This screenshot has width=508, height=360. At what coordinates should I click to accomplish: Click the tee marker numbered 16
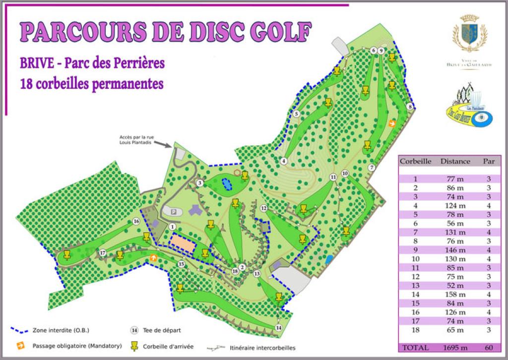(136, 222)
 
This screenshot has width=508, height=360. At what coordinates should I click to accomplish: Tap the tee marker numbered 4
(284, 161)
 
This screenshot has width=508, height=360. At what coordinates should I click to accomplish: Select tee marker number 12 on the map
(264, 208)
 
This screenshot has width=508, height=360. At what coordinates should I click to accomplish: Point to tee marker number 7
(372, 168)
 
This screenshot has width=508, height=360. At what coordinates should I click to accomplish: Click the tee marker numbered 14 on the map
(279, 328)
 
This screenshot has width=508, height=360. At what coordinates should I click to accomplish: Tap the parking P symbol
(174, 211)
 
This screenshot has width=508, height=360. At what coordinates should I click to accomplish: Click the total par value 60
(489, 348)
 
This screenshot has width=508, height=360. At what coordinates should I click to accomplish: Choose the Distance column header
(455, 161)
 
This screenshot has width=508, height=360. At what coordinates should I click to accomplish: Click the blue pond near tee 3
(227, 184)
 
